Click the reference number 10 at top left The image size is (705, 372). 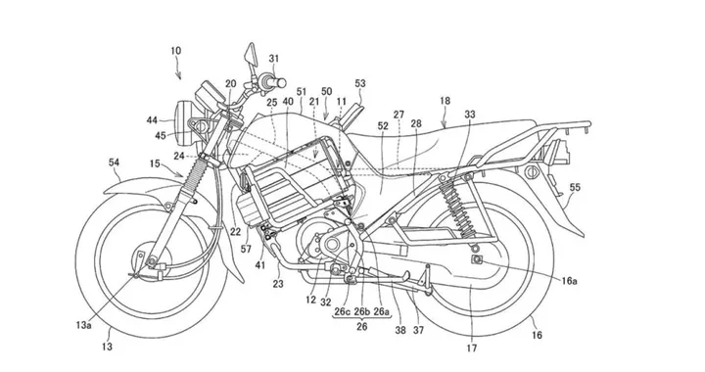point(173,49)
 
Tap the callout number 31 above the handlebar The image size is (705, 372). point(275,58)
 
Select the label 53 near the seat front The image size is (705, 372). point(361,84)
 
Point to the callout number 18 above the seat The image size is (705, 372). point(446,101)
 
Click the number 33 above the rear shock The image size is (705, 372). point(472,116)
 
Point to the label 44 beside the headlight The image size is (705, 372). point(152,120)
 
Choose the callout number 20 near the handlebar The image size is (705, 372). point(231,84)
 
